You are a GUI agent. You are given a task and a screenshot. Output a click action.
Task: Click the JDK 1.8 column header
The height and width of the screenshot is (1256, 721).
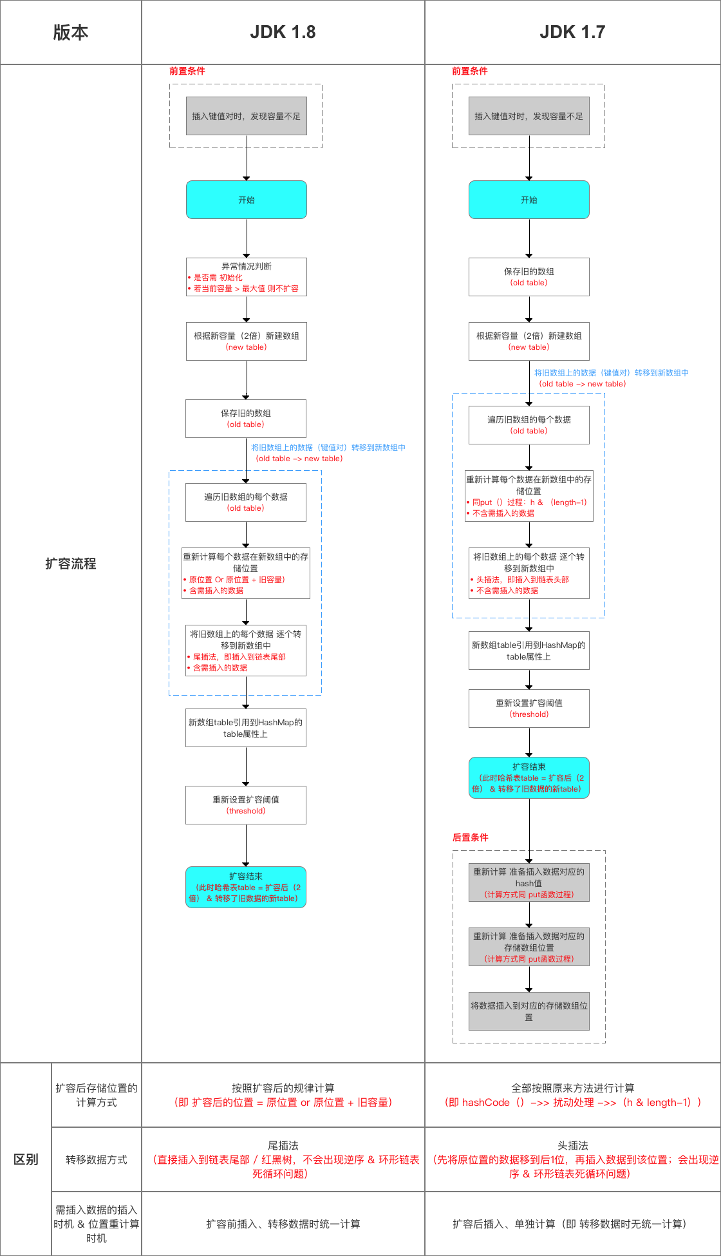283,32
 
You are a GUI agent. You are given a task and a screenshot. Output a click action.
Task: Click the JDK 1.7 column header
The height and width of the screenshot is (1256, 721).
572,32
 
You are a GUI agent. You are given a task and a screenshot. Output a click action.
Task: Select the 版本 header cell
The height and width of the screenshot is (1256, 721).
71,32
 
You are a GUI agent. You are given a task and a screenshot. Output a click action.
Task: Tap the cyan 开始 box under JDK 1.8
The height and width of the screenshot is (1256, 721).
246,200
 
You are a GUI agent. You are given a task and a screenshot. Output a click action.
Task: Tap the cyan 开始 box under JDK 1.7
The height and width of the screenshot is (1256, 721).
529,200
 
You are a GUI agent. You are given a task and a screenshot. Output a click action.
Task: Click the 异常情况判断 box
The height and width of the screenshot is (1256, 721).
246,277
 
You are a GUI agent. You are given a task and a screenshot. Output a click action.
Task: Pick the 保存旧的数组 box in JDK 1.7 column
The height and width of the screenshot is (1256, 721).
529,277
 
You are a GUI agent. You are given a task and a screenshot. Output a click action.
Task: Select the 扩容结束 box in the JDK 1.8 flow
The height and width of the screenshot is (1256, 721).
246,887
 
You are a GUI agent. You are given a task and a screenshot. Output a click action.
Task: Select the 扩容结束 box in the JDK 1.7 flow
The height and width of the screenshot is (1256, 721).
529,777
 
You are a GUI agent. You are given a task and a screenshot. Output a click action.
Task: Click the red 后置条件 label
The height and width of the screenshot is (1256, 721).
470,837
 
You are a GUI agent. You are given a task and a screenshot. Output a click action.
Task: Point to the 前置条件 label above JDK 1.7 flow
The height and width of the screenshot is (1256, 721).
469,71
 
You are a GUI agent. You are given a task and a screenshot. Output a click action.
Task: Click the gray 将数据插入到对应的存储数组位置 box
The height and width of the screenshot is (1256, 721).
529,1011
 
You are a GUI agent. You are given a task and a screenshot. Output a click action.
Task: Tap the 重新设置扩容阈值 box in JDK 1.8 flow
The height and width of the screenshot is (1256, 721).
246,805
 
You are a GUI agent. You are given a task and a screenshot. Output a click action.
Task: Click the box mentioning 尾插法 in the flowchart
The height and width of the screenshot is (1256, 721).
246,651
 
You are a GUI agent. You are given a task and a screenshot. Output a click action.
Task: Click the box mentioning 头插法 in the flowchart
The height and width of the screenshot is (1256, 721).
529,573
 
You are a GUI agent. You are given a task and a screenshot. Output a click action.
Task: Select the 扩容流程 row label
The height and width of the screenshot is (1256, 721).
71,564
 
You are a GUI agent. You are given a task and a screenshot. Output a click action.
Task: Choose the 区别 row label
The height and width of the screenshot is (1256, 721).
26,1159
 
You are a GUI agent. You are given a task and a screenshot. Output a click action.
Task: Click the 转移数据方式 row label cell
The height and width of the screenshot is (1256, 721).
97,1159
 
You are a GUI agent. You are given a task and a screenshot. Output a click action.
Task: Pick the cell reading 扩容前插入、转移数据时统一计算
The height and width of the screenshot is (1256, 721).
283,1224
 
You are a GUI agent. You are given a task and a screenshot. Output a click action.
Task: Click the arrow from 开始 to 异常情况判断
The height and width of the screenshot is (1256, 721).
247,238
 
